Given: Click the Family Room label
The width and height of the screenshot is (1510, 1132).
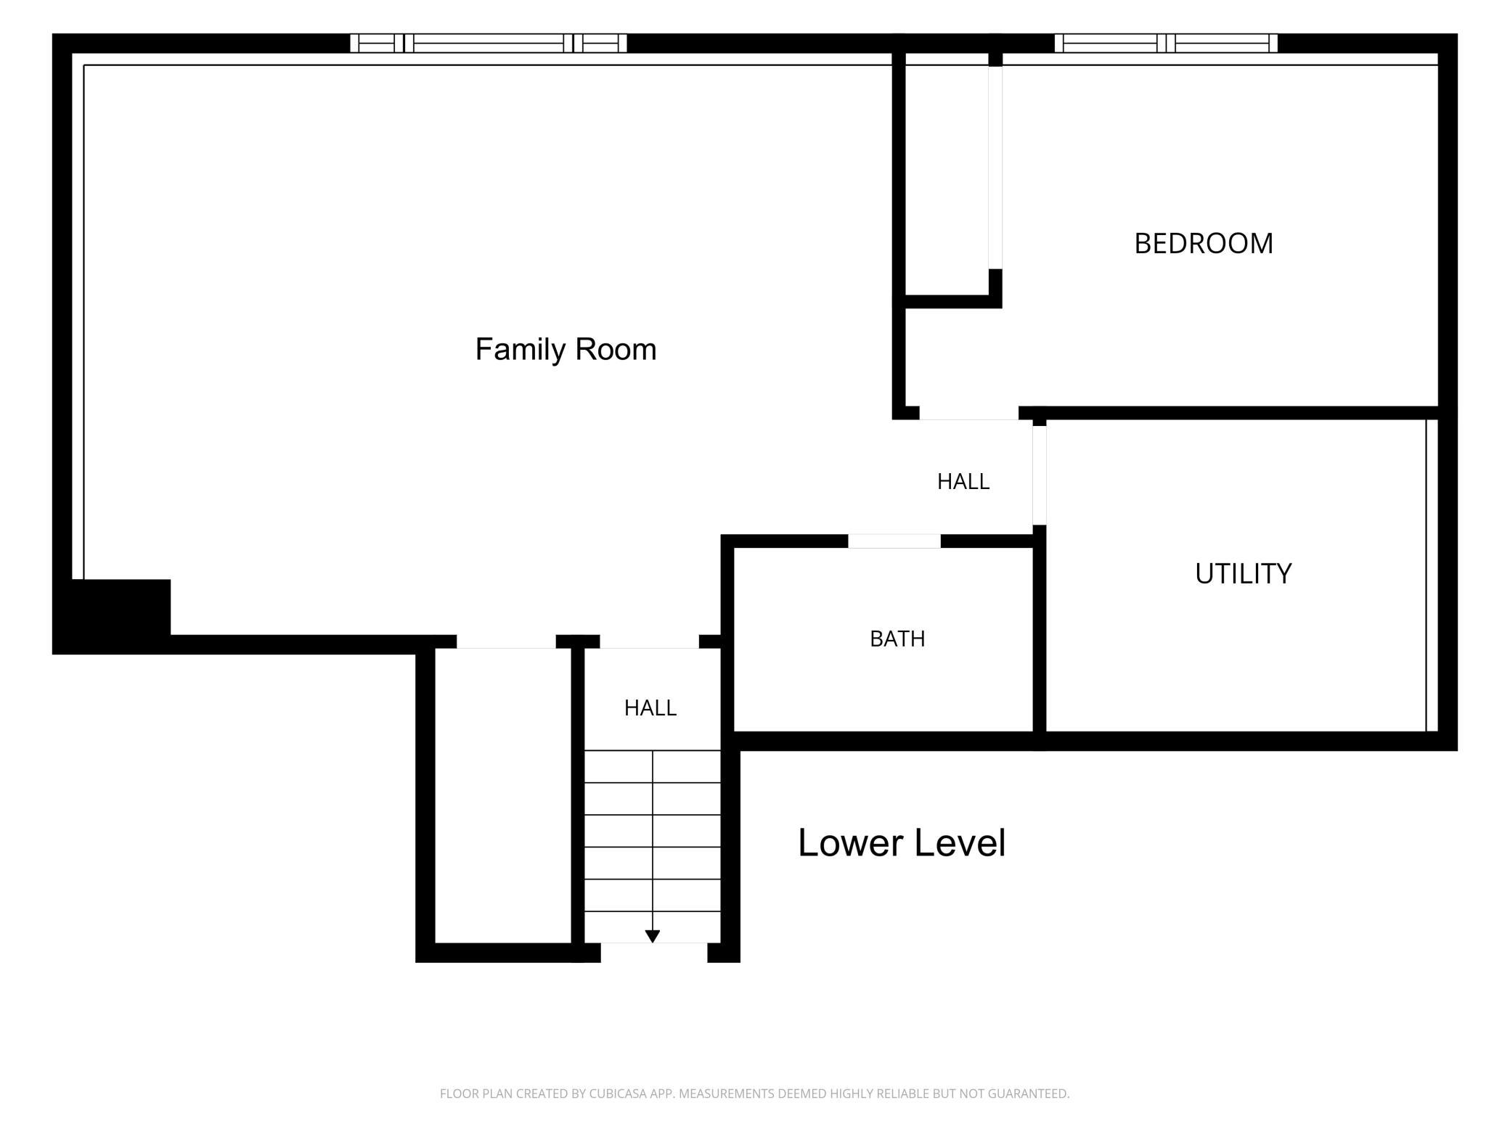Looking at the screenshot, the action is (x=566, y=349).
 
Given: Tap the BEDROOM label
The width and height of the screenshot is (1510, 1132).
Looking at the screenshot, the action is (x=1204, y=244).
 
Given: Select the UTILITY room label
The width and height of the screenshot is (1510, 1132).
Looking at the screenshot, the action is (x=1243, y=574).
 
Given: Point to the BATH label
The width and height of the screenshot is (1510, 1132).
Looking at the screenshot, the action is (x=897, y=639).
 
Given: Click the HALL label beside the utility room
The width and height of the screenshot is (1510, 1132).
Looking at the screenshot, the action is (x=963, y=482).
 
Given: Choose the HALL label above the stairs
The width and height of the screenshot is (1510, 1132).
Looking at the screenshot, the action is (x=650, y=708).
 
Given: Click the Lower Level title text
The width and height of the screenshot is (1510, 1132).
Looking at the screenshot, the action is (x=902, y=843).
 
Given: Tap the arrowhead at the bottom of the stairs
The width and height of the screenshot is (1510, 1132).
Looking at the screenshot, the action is (x=652, y=936).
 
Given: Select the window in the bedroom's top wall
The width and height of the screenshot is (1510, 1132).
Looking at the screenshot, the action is (x=1166, y=44).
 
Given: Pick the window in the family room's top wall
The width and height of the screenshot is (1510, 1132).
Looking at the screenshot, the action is (x=489, y=44).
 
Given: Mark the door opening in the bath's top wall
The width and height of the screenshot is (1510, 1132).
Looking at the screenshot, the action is (x=894, y=541).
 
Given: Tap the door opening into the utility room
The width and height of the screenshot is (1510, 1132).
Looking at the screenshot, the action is (x=1040, y=475).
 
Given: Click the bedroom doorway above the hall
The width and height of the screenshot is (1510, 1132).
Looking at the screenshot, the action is (x=969, y=414).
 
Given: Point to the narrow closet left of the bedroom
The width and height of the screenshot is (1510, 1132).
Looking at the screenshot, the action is (x=947, y=174).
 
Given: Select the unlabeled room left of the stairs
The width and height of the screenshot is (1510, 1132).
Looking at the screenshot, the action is (x=503, y=795).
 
